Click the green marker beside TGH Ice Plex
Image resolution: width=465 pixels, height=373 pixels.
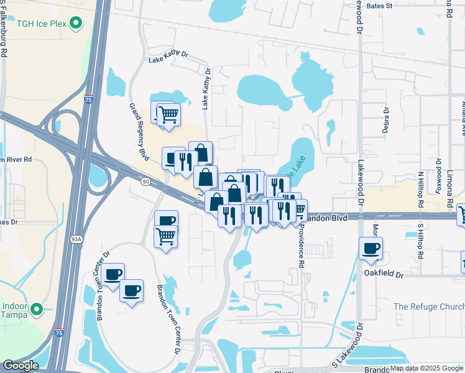(76, 24)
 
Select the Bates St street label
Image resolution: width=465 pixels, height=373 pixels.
(380, 6)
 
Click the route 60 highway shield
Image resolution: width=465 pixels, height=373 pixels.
(145, 181)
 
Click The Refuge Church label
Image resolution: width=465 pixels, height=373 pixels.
(429, 306)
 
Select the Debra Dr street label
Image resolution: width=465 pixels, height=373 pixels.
(386, 121)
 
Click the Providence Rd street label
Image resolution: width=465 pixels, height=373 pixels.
(301, 246)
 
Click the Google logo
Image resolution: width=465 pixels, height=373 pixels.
(21, 366)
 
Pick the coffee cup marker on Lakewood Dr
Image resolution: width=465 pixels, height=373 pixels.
(371, 249)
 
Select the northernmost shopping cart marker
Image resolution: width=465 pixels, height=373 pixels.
(168, 114)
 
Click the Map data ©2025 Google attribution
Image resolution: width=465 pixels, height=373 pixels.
(426, 369)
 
